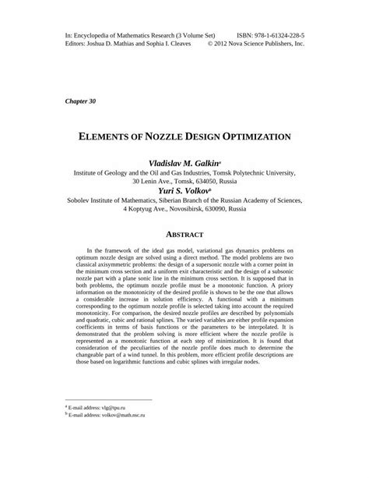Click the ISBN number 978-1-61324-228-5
(273, 35)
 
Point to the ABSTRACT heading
(184, 234)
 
